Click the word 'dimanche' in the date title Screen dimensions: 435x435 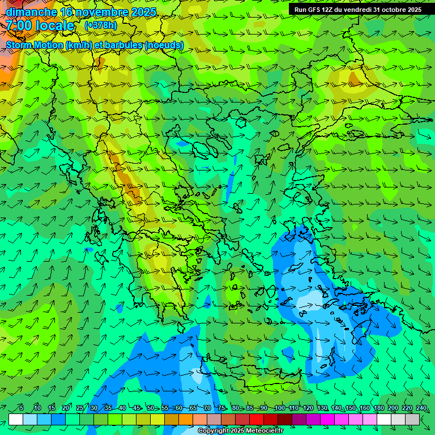pyautogui.click(x=31, y=12)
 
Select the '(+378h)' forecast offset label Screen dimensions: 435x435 pyautogui.click(x=100, y=25)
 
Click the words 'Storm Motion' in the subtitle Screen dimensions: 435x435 pyautogui.click(x=35, y=45)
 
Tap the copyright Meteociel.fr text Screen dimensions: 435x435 pyautogui.click(x=240, y=431)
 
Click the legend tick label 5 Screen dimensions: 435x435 pyautogui.click(x=22, y=408)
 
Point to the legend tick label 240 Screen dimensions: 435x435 pyautogui.click(x=421, y=408)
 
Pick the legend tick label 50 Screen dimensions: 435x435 pyautogui.click(x=150, y=408)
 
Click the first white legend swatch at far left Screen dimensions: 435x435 pyautogui.click(x=15, y=419)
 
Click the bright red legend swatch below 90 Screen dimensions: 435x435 pyautogui.click(x=257, y=419)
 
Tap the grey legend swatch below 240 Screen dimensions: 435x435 pyautogui.click(x=412, y=419)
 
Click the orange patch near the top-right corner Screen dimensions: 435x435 pyautogui.click(x=356, y=79)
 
